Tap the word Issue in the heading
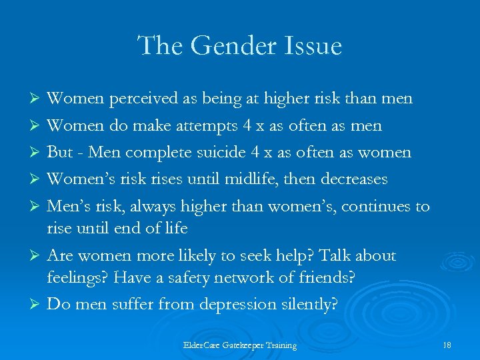pos(314,46)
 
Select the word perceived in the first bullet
pos(139,99)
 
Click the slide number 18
pos(447,345)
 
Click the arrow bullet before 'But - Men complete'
pos(38,153)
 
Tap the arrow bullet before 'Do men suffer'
pos(38,305)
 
